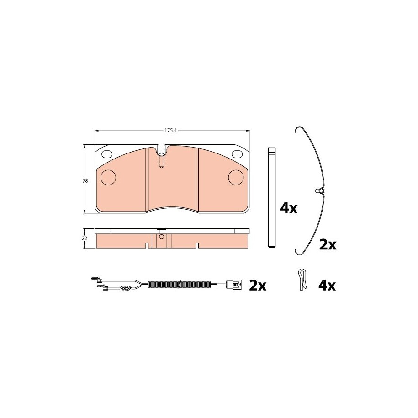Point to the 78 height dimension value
85,181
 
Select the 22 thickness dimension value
85,238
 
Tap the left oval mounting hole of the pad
107,154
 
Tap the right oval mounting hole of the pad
237,154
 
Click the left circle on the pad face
108,177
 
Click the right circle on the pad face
237,177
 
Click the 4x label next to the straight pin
289,208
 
